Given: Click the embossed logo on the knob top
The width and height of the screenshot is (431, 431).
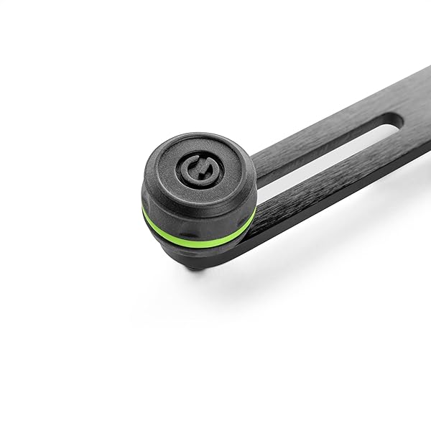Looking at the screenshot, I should coord(195,170).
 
